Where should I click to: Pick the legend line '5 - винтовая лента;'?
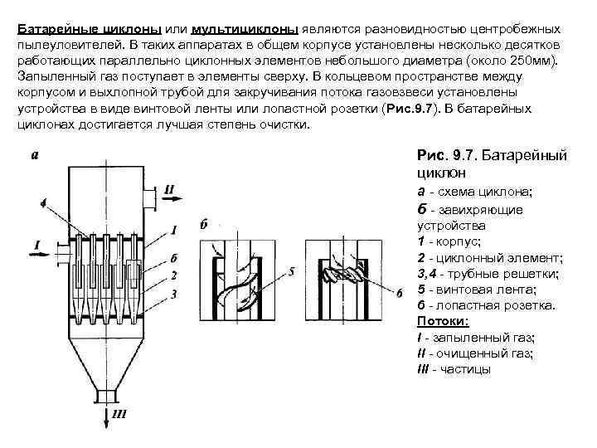[476, 290]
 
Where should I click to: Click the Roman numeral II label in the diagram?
[168, 189]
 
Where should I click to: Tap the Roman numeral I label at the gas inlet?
[36, 244]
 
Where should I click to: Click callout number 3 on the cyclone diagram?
[172, 294]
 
